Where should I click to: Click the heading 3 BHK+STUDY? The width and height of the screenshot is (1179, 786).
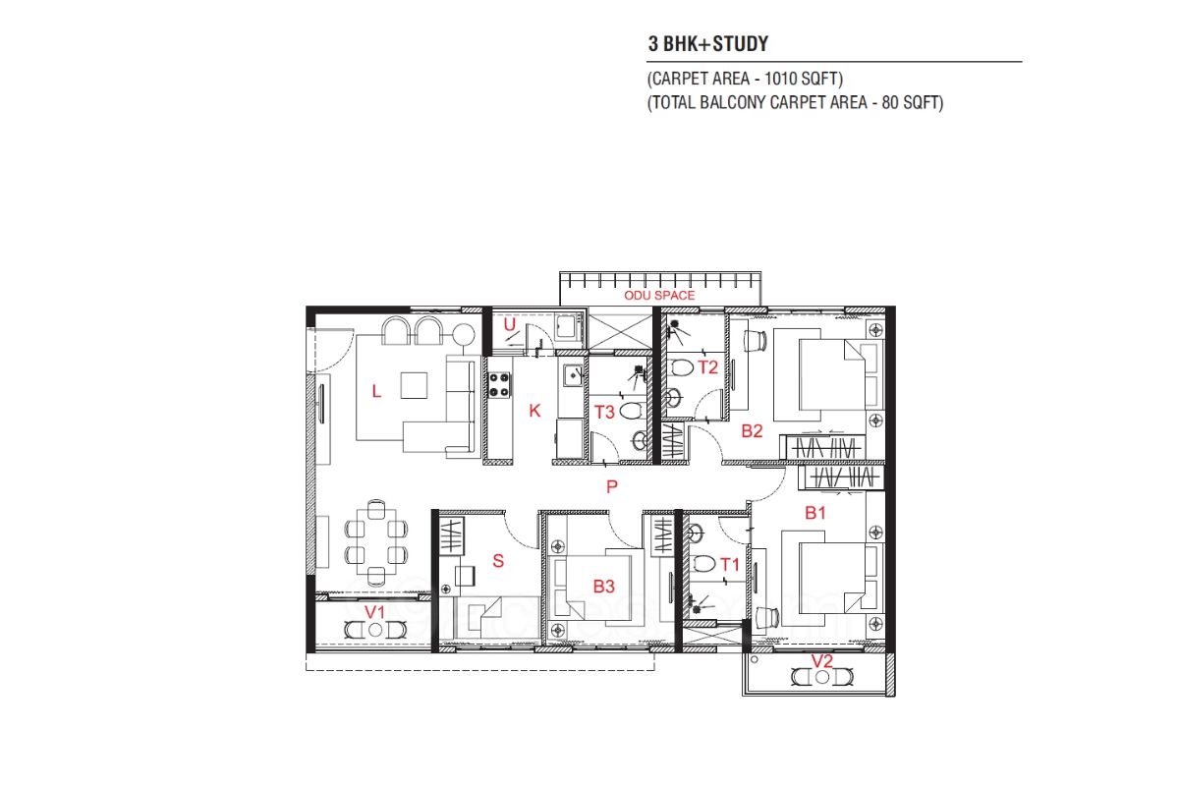pyautogui.click(x=708, y=43)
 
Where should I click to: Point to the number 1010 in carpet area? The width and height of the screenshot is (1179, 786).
pyautogui.click(x=779, y=79)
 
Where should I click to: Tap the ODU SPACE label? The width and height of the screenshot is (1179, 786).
pyautogui.click(x=659, y=296)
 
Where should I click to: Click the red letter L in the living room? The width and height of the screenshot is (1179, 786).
pyautogui.click(x=376, y=391)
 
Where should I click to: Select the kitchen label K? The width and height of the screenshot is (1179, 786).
pyautogui.click(x=534, y=411)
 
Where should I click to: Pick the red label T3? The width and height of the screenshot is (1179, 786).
pyautogui.click(x=604, y=413)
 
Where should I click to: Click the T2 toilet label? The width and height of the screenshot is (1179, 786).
pyautogui.click(x=708, y=366)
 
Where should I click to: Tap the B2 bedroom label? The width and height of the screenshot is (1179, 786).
pyautogui.click(x=752, y=431)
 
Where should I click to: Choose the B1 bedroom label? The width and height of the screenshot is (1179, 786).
pyautogui.click(x=815, y=513)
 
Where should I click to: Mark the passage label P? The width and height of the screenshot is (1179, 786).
pyautogui.click(x=611, y=486)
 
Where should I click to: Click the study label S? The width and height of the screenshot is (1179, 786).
pyautogui.click(x=498, y=561)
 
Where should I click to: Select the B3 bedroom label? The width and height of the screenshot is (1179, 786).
pyautogui.click(x=603, y=587)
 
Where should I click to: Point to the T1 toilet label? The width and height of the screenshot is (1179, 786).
pyautogui.click(x=729, y=565)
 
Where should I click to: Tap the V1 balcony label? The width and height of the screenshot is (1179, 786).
pyautogui.click(x=374, y=612)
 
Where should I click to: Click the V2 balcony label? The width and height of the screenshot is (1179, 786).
pyautogui.click(x=822, y=660)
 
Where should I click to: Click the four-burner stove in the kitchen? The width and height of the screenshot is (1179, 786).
pyautogui.click(x=499, y=385)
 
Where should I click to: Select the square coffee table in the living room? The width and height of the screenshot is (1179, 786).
pyautogui.click(x=414, y=385)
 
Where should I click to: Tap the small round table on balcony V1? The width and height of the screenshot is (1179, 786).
pyautogui.click(x=375, y=630)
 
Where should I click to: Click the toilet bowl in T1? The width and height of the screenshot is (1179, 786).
pyautogui.click(x=703, y=564)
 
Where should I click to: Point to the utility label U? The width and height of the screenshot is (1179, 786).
pyautogui.click(x=510, y=324)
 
